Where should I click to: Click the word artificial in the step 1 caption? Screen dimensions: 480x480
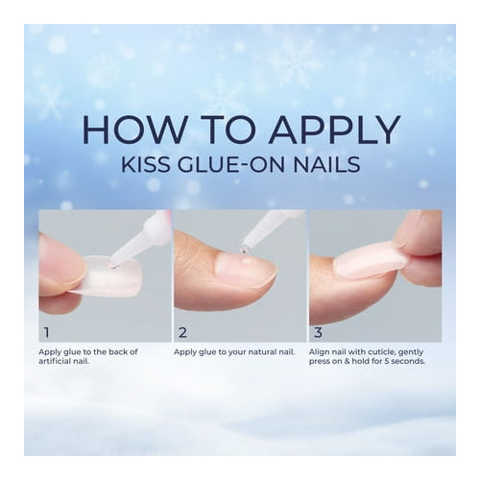[x=57, y=361]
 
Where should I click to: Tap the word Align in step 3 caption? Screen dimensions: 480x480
[x=320, y=351]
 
